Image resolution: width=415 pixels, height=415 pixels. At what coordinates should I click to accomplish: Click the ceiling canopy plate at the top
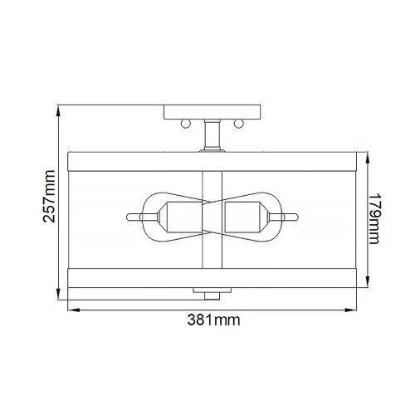[x=213, y=112]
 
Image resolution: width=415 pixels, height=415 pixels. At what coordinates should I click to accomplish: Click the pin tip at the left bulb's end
[x=131, y=218]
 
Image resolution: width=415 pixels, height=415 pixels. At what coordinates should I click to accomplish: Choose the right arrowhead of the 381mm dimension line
[x=359, y=309]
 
